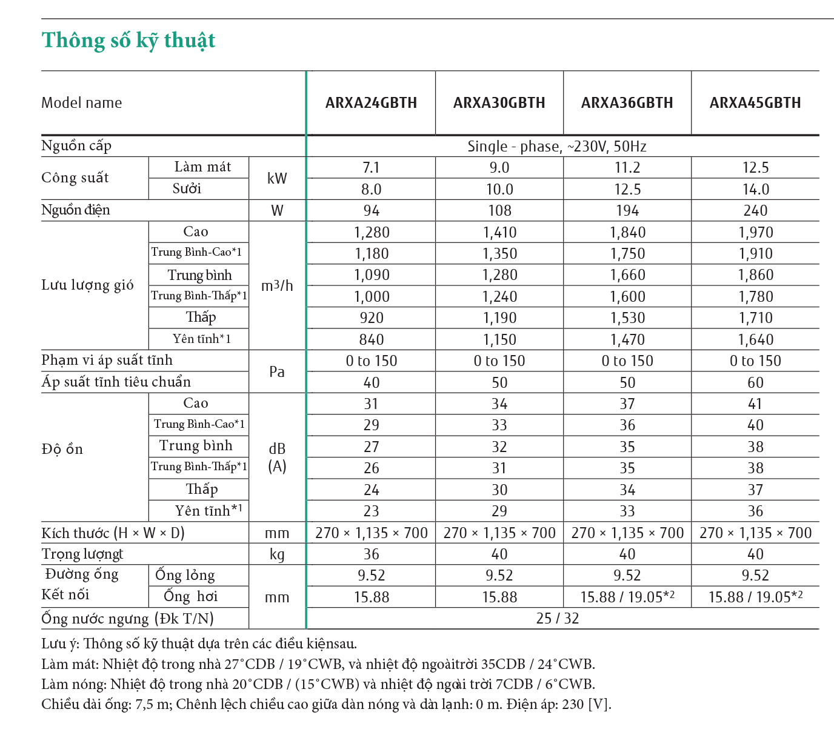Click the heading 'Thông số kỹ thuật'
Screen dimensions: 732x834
coord(128,41)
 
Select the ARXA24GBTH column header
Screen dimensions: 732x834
coord(371,103)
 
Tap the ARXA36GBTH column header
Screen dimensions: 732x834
coord(627,103)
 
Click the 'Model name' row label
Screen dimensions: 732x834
coord(82,103)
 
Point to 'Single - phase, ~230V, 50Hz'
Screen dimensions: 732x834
coord(557,147)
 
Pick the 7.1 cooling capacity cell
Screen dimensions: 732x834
coord(371,168)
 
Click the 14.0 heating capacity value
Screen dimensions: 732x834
coord(755,190)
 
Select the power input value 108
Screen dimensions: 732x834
coord(499,211)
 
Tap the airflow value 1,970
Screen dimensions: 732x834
coord(755,233)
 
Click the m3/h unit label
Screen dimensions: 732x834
coord(277,285)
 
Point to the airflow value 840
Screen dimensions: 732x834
coord(371,340)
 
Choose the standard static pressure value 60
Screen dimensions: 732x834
coord(755,383)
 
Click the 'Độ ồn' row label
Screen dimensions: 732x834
coord(62,450)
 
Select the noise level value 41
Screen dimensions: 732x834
coord(755,404)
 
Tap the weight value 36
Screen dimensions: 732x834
coord(371,554)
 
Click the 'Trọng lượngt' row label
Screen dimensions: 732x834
coord(82,554)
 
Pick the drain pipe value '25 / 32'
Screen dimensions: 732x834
coord(557,619)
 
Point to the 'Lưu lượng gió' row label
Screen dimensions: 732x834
coord(88,285)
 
